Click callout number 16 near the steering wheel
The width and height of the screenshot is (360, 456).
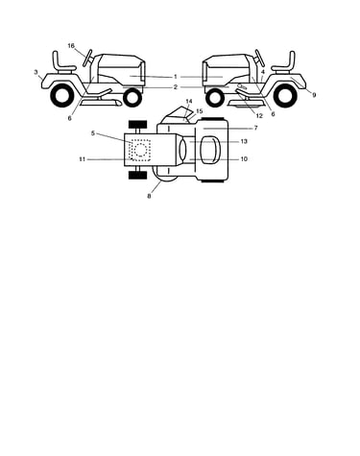pyautogui.click(x=71, y=46)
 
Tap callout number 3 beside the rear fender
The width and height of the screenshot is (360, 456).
pyautogui.click(x=36, y=72)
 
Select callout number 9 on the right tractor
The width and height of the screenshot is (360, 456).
pyautogui.click(x=314, y=95)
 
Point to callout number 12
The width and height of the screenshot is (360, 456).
pyautogui.click(x=259, y=116)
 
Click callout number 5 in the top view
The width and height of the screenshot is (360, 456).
pyautogui.click(x=93, y=133)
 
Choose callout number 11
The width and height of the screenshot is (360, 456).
pyautogui.click(x=83, y=159)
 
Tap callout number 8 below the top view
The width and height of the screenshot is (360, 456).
pyautogui.click(x=149, y=196)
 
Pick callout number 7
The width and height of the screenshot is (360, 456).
pyautogui.click(x=255, y=128)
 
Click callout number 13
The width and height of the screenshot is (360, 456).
pyautogui.click(x=244, y=141)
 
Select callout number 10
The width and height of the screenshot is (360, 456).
pyautogui.click(x=244, y=159)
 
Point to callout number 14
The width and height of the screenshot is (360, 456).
pyautogui.click(x=189, y=102)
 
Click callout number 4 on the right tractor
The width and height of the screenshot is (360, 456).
pyautogui.click(x=263, y=72)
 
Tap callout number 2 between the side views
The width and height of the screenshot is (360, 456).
pyautogui.click(x=176, y=87)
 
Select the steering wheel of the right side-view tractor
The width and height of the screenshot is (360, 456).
pyautogui.click(x=259, y=58)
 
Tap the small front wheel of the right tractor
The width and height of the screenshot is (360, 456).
pyautogui.click(x=215, y=98)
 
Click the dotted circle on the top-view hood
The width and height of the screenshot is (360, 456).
pyautogui.click(x=140, y=150)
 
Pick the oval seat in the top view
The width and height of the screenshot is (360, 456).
pyautogui.click(x=210, y=150)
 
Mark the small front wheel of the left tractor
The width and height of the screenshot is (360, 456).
pyautogui.click(x=132, y=98)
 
